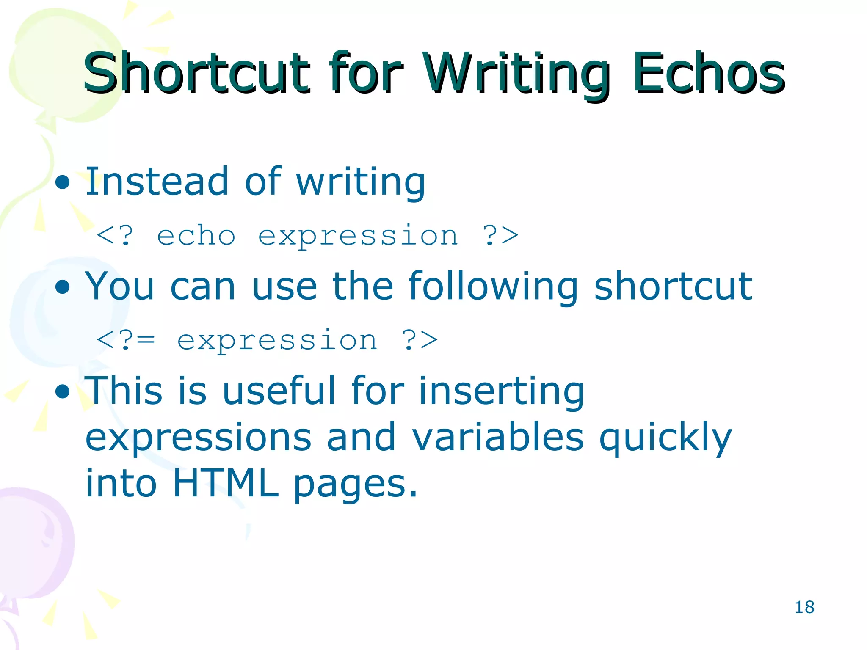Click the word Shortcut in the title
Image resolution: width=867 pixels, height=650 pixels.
click(196, 73)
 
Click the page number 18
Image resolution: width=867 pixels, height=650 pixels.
click(804, 607)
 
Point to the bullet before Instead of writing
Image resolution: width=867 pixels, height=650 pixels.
click(63, 182)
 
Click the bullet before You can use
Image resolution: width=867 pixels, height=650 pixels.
click(63, 287)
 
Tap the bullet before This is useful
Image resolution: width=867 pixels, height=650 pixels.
click(63, 391)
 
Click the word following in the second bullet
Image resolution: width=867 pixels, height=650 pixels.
click(493, 287)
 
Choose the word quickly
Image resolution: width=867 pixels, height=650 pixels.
click(665, 438)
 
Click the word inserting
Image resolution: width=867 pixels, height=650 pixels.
click(501, 391)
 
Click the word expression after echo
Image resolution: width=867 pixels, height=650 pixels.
click(358, 236)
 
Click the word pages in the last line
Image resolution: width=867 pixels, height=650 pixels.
click(356, 485)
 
